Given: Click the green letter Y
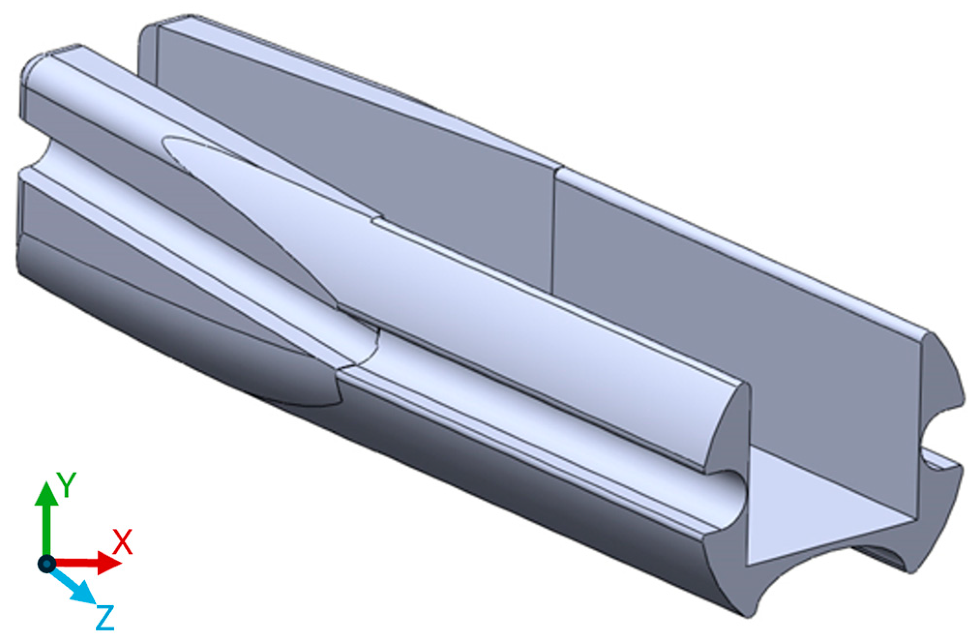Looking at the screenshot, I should pos(66,485).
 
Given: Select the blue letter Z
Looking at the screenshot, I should pos(104,617).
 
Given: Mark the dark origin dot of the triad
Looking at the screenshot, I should pos(46,563).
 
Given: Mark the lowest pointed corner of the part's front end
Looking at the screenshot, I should pos(747,616).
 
